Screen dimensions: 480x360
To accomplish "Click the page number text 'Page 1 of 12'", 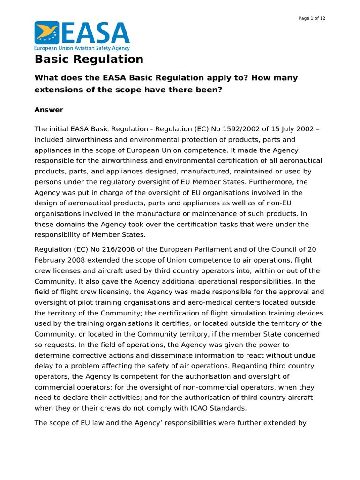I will pos(312,18).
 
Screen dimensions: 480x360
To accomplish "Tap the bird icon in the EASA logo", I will pos(47,33).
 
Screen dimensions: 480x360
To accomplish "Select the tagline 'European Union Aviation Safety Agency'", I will pos(82,48).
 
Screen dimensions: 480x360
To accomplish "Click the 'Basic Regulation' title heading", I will pos(89,60).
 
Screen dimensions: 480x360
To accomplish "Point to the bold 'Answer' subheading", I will pos(49,110).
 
